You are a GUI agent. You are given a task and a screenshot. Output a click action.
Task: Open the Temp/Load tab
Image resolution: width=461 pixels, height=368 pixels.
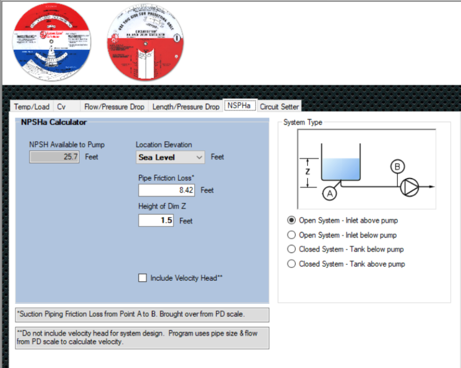click(31, 106)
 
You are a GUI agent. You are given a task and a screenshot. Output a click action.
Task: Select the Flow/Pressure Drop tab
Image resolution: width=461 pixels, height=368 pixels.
click(114, 106)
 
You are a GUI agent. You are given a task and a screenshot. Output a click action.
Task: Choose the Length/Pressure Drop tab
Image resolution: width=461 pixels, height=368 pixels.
click(186, 106)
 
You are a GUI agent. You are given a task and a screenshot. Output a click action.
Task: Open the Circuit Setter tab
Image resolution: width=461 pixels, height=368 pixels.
click(279, 106)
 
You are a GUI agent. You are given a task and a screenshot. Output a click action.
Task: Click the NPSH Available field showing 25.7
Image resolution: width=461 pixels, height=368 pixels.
click(55, 157)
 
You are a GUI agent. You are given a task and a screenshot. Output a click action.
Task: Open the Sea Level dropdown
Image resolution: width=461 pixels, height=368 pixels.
click(171, 157)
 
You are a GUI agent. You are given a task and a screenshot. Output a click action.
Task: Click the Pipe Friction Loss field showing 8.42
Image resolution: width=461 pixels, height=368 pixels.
click(167, 190)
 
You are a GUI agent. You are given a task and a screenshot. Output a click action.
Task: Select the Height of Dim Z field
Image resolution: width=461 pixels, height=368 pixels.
click(156, 220)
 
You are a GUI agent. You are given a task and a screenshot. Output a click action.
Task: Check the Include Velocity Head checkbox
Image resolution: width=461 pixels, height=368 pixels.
click(142, 278)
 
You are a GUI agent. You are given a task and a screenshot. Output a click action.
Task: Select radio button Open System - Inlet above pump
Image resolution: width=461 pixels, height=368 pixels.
click(291, 220)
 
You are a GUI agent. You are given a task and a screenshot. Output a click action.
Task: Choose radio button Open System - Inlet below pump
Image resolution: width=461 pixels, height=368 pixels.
click(291, 235)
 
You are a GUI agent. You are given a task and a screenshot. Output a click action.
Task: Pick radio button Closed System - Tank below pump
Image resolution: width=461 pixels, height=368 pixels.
click(291, 249)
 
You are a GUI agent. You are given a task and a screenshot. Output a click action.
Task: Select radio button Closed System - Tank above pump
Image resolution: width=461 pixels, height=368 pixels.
click(291, 264)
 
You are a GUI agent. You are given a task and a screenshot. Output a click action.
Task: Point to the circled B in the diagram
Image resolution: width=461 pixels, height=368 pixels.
click(397, 166)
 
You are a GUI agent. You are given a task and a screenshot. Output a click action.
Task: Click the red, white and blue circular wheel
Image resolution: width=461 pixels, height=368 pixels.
click(52, 42)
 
